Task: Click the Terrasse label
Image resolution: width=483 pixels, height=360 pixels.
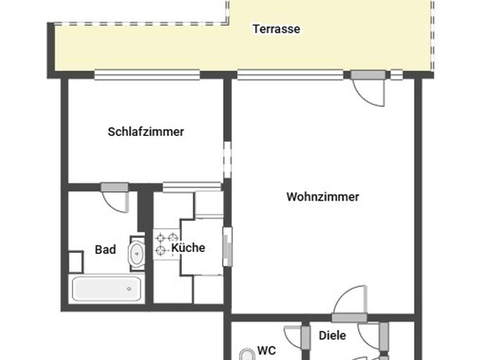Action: [x=276, y=29]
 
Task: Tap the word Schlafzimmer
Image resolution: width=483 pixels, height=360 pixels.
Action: [x=146, y=131]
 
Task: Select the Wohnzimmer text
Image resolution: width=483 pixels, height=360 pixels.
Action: [x=323, y=196]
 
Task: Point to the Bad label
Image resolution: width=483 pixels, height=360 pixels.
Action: [x=105, y=250]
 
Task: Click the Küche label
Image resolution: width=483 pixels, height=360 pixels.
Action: [x=187, y=248]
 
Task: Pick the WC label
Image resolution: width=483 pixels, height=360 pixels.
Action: [x=266, y=350]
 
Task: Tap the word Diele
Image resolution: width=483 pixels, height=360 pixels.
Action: [x=333, y=335]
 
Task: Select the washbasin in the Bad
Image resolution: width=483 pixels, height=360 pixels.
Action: [x=137, y=254]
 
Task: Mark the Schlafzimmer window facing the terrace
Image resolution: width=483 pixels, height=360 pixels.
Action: [x=147, y=75]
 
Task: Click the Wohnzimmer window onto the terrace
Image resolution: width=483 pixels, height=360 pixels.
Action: [x=290, y=75]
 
